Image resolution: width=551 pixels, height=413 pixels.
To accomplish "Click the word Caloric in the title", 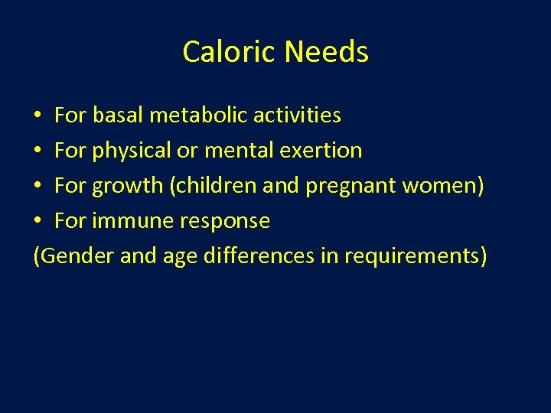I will click(230, 52).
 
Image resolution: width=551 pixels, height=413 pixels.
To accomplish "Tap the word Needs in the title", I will click(326, 52).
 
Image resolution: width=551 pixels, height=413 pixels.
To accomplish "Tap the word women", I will click(439, 186).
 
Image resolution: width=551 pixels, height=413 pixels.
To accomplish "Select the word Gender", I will click(76, 256).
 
